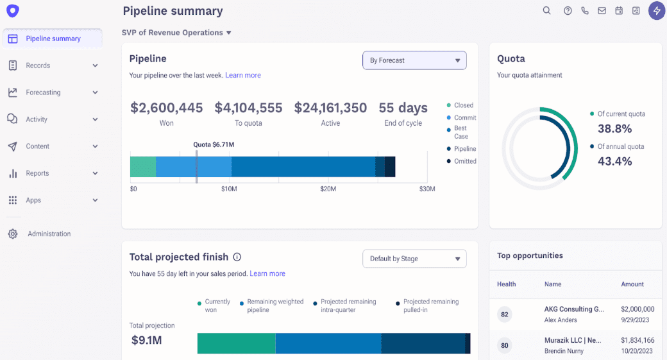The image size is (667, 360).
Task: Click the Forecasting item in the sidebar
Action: (x=43, y=92)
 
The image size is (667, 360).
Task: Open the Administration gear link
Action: (x=49, y=234)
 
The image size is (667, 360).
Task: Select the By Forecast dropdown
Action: (x=414, y=60)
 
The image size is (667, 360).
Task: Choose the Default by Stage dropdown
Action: (x=414, y=259)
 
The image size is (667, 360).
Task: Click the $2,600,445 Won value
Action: (x=166, y=108)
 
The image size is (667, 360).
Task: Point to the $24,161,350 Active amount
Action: (x=330, y=108)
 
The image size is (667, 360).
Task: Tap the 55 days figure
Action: (x=403, y=108)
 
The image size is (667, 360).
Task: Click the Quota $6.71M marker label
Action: (x=214, y=144)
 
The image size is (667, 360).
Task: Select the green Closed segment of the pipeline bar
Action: (x=143, y=166)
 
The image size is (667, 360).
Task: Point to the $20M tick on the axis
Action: (x=328, y=189)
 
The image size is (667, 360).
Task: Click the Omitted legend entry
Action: (x=465, y=161)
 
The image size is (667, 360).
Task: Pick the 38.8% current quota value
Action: (x=615, y=128)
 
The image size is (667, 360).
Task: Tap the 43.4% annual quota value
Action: (x=615, y=161)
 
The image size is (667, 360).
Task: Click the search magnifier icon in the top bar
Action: (x=547, y=10)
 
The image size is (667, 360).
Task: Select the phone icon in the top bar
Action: (x=585, y=10)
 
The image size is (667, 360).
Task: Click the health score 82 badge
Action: (x=505, y=314)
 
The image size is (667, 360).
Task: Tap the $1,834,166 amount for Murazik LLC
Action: (x=637, y=340)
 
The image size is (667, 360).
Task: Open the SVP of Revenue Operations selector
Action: (x=176, y=33)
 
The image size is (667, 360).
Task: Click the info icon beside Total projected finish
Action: (x=237, y=257)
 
